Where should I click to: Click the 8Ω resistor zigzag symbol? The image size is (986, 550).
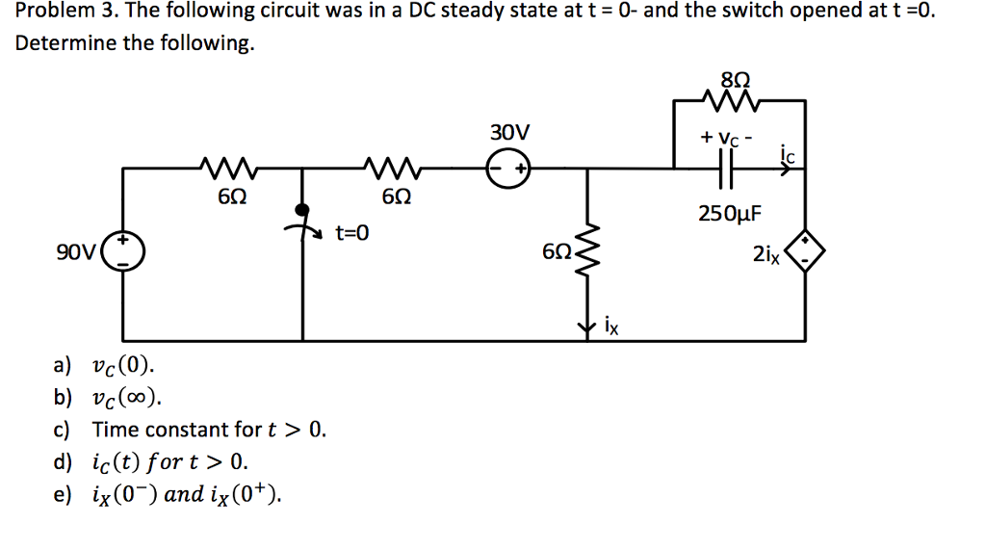coord(728,98)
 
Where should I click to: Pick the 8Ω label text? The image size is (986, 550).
coord(729,79)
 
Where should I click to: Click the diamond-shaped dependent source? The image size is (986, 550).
coord(805,252)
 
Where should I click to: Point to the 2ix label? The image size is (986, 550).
coord(766,254)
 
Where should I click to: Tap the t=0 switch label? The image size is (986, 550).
coord(351,232)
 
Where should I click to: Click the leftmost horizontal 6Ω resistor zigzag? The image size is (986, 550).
coord(228,169)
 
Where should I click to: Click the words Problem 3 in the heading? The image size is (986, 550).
coord(62,13)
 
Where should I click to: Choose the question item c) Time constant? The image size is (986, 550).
coord(208,430)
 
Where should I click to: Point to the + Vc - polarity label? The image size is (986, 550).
coord(729,138)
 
